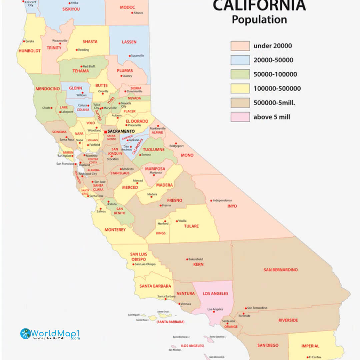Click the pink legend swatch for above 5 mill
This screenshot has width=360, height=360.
[x=240, y=117]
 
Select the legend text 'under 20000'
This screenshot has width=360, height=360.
[x=272, y=46]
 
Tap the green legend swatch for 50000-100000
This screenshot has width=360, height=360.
[x=240, y=74]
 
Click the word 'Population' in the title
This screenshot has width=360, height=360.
[x=259, y=19]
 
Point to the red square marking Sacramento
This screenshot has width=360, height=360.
[x=106, y=132]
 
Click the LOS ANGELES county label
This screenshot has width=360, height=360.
[x=216, y=293]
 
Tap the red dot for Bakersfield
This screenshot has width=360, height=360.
[x=187, y=259]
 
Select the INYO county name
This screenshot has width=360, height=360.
[x=232, y=206]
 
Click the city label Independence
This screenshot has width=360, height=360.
[x=222, y=200]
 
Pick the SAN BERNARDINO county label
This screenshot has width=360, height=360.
[x=281, y=270]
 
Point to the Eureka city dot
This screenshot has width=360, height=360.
[x=24, y=41]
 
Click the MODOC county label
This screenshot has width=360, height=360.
[x=127, y=7]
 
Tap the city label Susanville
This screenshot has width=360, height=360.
[x=137, y=56]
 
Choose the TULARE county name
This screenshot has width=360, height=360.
[x=191, y=226]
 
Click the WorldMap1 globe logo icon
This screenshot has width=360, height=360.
[x=26, y=334]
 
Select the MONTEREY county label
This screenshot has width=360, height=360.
[x=115, y=230]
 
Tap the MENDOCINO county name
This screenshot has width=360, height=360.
[x=48, y=89]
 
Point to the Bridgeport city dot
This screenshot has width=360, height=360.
[x=176, y=143]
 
